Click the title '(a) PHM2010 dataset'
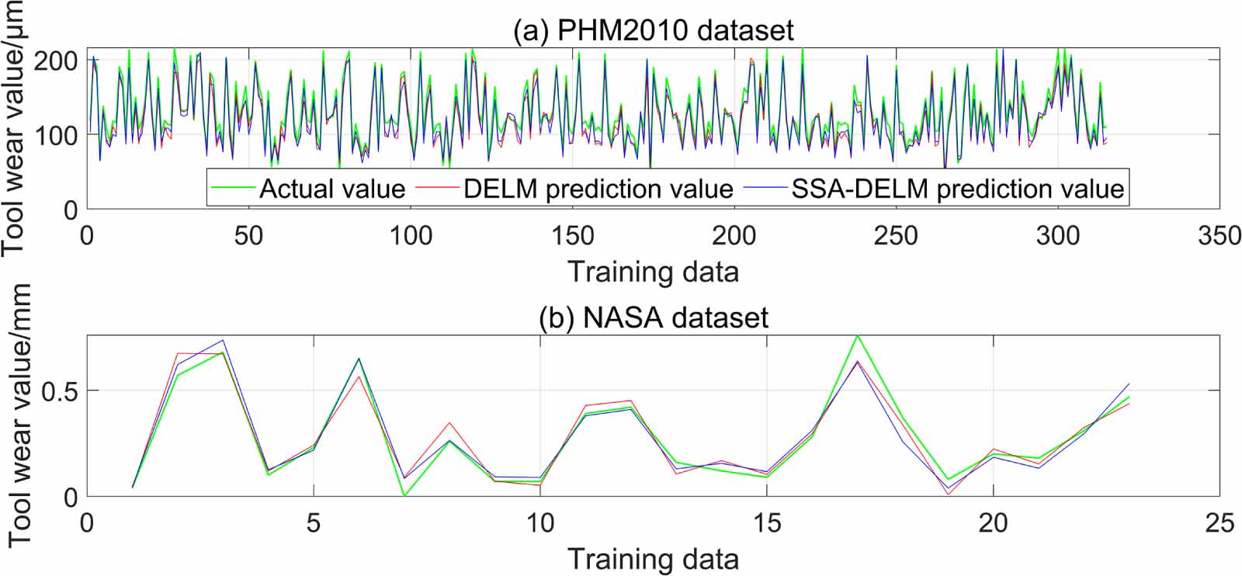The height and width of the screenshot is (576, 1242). click(654, 30)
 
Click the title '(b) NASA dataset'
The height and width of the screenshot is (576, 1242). click(654, 317)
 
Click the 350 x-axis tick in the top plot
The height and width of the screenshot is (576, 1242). click(1219, 235)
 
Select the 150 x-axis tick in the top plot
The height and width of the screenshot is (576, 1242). click(572, 235)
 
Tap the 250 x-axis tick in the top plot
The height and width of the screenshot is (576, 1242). click(896, 235)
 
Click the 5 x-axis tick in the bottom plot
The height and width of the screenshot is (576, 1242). click(313, 522)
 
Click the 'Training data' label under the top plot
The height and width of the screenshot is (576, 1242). click(654, 272)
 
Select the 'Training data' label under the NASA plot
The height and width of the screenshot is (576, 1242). click(654, 559)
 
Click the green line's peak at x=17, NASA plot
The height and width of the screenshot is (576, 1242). click(857, 335)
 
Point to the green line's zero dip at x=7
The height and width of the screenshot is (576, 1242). click(404, 495)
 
